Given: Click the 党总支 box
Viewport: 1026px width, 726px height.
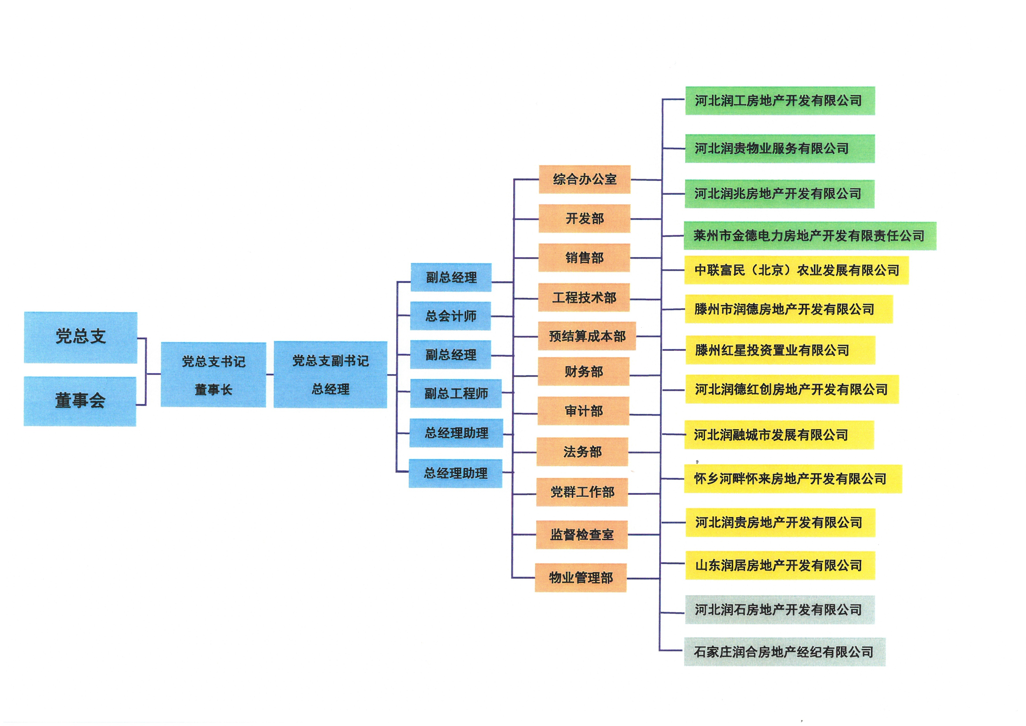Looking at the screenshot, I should tap(80, 337).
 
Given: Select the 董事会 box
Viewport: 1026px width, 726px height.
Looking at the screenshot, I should tap(80, 401).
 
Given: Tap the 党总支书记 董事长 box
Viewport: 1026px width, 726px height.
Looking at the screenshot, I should tap(213, 375).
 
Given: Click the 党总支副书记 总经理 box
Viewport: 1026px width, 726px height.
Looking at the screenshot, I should tap(330, 375).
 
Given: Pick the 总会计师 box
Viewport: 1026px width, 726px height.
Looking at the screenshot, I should tap(451, 316).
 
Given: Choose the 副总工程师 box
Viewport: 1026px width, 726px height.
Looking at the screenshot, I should tap(456, 393).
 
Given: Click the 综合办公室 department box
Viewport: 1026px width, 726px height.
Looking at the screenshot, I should tap(585, 179).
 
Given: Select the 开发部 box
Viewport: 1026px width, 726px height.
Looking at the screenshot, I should tap(585, 219).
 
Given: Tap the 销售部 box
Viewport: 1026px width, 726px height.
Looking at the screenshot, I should tap(584, 258).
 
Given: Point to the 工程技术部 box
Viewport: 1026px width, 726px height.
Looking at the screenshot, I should tap(584, 297).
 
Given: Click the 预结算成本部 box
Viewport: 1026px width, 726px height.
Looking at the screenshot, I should tap(587, 336).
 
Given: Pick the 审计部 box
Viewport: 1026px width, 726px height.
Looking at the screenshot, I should tap(583, 411).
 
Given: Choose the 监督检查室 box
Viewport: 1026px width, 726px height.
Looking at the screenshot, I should tap(582, 535).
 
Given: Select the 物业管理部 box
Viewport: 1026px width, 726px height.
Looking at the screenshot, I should tap(580, 578).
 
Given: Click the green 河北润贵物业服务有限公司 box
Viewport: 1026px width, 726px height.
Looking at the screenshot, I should tap(780, 148).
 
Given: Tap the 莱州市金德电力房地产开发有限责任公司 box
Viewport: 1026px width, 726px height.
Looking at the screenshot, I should tap(810, 236).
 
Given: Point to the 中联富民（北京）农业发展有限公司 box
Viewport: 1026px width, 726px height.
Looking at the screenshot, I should tap(796, 270).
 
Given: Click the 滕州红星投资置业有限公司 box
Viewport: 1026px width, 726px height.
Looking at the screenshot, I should tap(780, 350).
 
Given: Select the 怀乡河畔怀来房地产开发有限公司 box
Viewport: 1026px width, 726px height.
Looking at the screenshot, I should tap(793, 479).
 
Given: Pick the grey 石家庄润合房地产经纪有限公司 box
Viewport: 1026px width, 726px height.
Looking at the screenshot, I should tap(784, 652).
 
